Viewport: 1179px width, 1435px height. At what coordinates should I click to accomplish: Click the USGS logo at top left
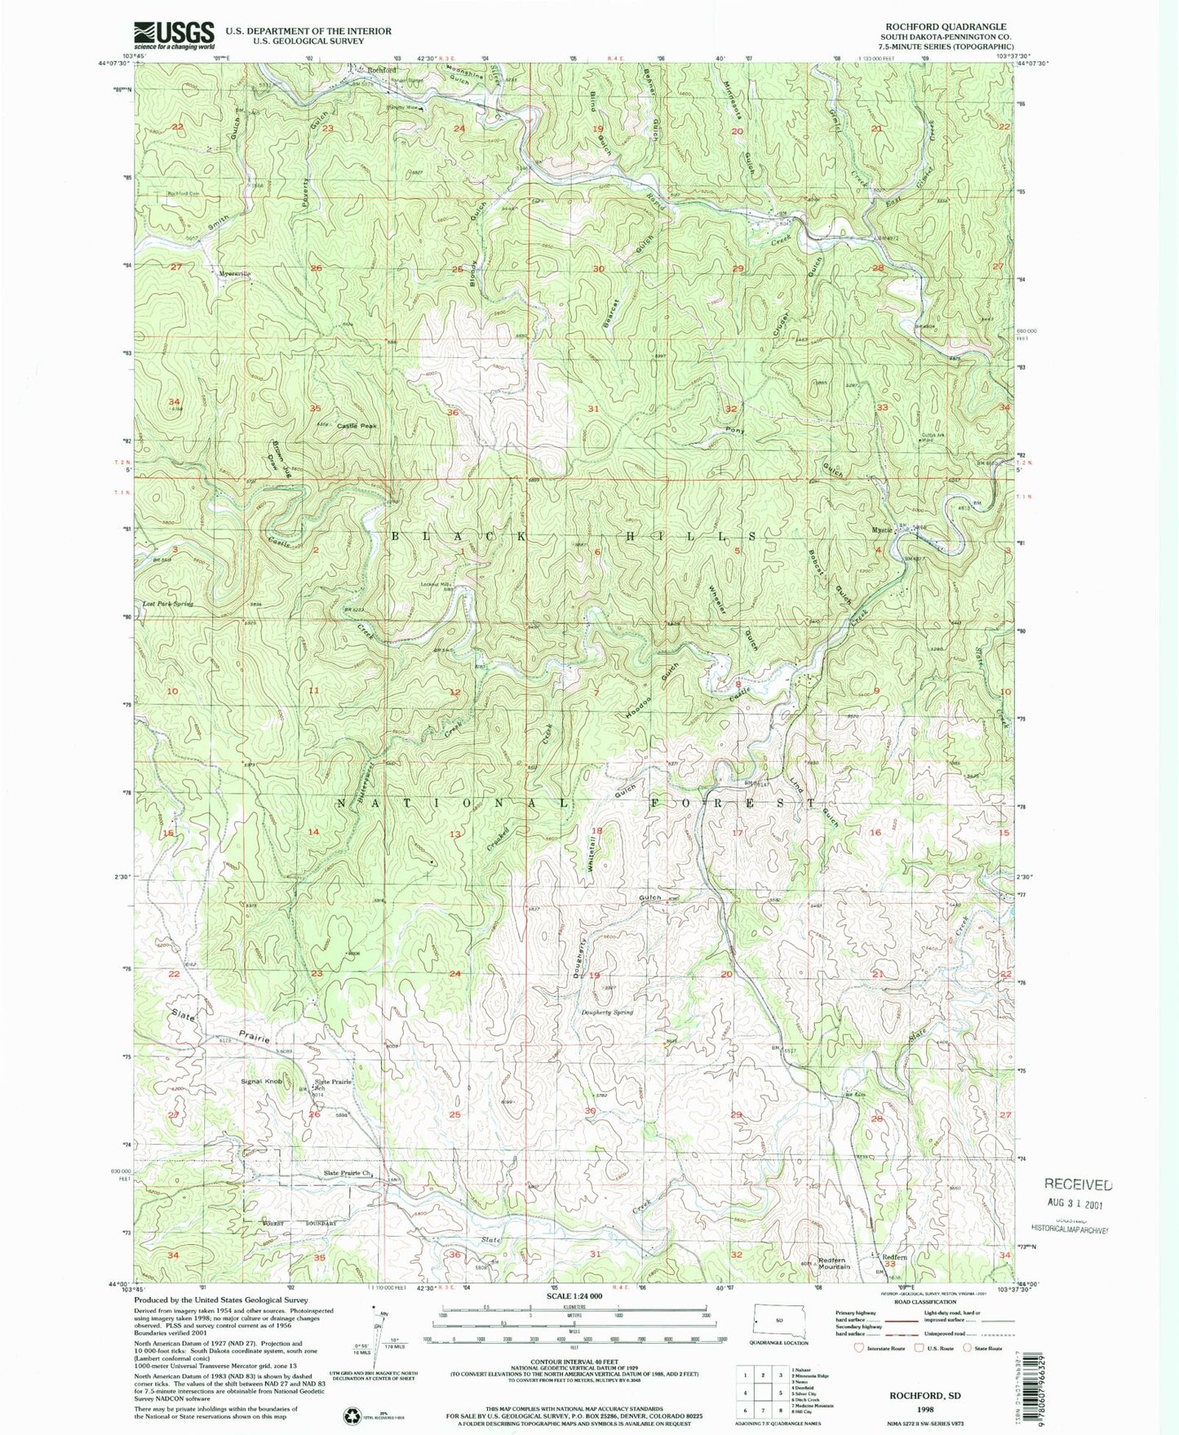click(174, 34)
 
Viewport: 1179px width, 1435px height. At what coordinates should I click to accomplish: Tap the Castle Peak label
click(357, 426)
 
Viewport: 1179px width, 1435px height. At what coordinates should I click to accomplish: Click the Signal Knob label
click(261, 1081)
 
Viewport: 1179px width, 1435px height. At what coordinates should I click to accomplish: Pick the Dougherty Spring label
click(606, 1012)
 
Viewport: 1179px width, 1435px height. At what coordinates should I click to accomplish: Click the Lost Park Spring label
click(168, 604)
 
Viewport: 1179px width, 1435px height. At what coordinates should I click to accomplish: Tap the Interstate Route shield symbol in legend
click(858, 1348)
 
